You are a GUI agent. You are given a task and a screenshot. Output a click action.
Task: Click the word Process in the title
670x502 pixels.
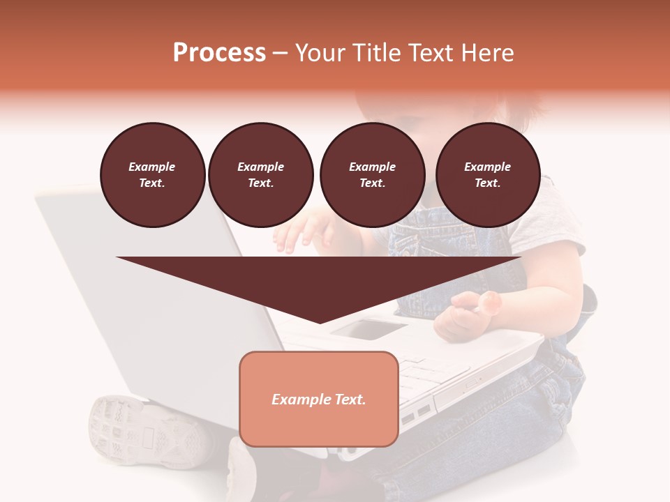219,53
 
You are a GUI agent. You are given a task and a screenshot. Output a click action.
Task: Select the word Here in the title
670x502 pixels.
488,53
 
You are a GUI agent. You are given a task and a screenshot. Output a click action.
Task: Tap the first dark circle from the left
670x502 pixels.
152,175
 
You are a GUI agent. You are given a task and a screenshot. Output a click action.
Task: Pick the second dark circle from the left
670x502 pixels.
260,175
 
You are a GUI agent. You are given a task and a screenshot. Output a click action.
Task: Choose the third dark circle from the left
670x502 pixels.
372,175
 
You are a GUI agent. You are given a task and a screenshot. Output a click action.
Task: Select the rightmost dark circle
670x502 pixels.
487,175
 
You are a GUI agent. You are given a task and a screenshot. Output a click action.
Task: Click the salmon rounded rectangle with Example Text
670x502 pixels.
318,399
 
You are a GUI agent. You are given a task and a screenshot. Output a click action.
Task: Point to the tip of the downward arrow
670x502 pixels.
319,321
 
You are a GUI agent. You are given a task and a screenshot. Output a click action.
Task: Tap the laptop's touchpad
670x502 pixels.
368,328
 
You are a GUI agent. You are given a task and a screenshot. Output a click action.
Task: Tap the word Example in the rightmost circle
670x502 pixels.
487,167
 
